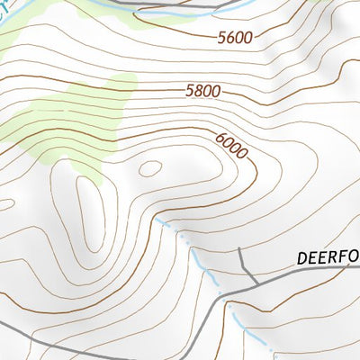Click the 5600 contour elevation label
(235, 38)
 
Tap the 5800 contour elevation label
(202, 91)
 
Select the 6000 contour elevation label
(231, 145)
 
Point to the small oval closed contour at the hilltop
(149, 167)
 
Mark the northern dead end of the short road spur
(239, 248)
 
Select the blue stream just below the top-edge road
(135, 13)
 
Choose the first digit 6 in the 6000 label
(220, 137)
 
